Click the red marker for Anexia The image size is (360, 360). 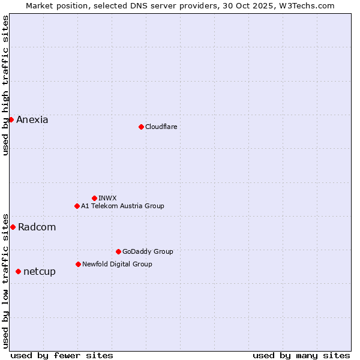click(11, 119)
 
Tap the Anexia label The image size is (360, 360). click(32, 120)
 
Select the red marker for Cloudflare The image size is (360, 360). click(141, 127)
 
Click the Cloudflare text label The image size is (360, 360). click(161, 127)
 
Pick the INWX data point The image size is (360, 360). click(94, 198)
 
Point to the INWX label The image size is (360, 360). click(107, 198)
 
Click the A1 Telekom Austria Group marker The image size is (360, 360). click(77, 206)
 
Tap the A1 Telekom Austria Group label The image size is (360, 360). click(122, 206)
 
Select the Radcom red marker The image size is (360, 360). click(13, 227)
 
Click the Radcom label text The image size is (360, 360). click(37, 227)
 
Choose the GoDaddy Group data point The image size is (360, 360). click(118, 251)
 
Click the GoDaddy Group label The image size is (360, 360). click(148, 251)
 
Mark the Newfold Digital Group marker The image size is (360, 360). click(78, 264)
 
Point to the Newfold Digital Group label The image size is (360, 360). click(117, 264)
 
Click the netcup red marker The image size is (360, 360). click(18, 271)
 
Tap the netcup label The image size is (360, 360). click(40, 272)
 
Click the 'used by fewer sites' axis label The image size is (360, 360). click(62, 355)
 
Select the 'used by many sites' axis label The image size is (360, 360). click(301, 355)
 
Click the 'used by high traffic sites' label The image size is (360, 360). click(6, 85)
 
